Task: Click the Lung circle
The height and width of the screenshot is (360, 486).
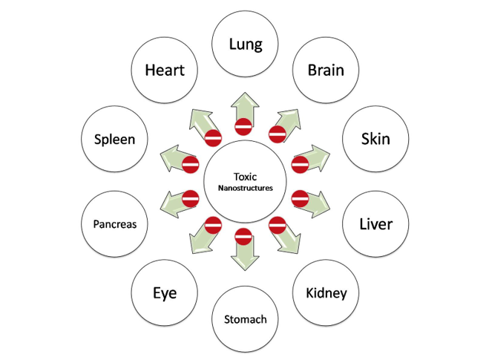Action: tap(246, 44)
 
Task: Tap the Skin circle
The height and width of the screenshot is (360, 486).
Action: tap(375, 139)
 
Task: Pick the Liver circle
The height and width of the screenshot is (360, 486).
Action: tap(375, 223)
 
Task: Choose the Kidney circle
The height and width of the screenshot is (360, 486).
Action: tap(326, 292)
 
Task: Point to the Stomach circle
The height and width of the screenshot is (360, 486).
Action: tap(245, 320)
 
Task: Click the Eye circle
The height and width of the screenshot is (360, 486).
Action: tap(164, 292)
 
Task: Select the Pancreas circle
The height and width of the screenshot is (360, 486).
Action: tap(114, 223)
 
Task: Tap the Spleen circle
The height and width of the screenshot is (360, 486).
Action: tap(114, 139)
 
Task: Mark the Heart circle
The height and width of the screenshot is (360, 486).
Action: tap(164, 71)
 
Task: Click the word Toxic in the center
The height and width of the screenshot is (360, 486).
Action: tap(244, 177)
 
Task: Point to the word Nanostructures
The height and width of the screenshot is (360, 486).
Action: tap(246, 189)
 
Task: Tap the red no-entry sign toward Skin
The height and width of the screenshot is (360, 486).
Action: tap(301, 164)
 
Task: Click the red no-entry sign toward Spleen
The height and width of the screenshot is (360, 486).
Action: tap(190, 164)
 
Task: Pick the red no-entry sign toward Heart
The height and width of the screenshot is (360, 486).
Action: tap(212, 137)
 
